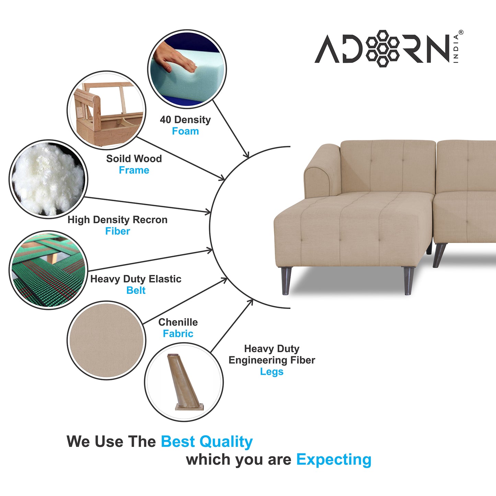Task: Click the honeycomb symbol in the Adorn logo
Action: (382, 48)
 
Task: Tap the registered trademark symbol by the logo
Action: (461, 32)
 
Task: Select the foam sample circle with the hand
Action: (187, 69)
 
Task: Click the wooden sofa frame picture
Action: (106, 110)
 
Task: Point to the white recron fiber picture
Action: (48, 179)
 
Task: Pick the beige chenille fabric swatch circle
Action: (106, 340)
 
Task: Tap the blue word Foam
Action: (185, 131)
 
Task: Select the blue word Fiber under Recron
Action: (118, 231)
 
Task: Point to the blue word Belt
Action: (136, 290)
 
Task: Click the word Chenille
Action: (178, 322)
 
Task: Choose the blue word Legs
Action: (272, 372)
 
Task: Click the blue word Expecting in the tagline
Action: (334, 460)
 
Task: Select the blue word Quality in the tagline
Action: (226, 442)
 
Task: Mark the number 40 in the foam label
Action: (165, 120)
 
